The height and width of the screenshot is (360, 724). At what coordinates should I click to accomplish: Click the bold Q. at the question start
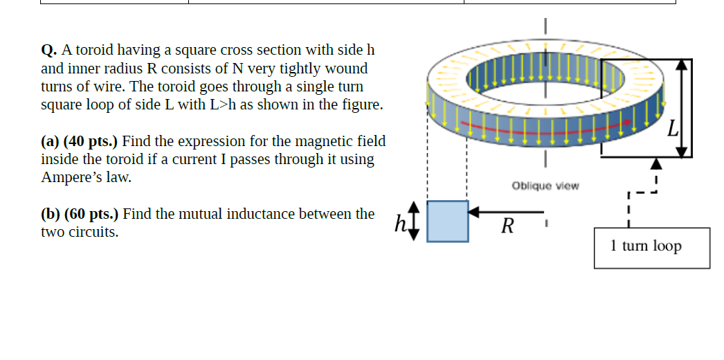pos(49,51)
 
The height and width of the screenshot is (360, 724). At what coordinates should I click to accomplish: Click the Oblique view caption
pos(545,186)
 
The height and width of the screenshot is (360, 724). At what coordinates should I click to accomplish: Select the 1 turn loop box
pos(651,247)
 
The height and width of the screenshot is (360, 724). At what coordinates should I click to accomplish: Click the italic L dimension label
pos(672,129)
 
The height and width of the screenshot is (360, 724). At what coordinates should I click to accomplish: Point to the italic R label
pos(507,225)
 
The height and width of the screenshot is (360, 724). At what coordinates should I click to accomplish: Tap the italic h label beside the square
pos(399,223)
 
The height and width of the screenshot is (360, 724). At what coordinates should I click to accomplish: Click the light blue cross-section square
pos(447,222)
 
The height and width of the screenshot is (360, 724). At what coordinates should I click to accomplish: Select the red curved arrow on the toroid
pos(547,128)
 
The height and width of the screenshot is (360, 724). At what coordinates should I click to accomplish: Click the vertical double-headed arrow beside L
pos(682,107)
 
